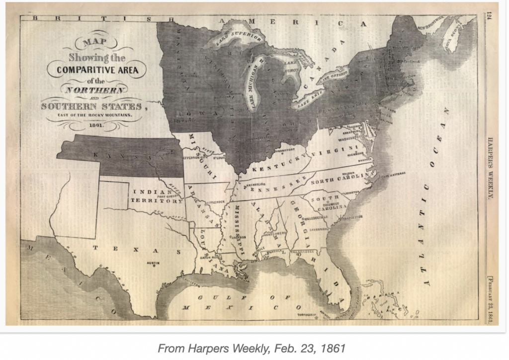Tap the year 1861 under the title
tap(96, 125)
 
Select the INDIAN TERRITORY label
tap(150, 196)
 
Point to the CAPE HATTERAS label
tap(393, 174)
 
